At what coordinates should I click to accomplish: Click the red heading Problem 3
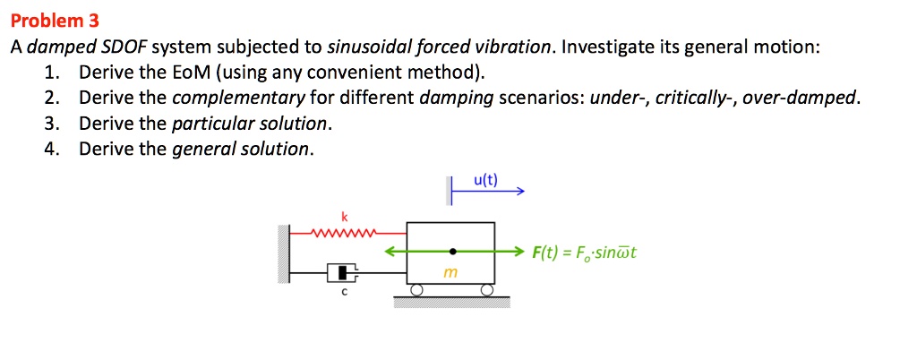(56, 21)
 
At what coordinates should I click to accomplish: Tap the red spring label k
(345, 217)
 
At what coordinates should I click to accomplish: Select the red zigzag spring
(342, 235)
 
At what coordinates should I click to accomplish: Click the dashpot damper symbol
(342, 271)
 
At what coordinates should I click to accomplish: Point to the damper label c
(344, 293)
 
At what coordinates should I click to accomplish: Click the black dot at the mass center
(452, 252)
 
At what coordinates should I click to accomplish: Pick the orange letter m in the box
(450, 273)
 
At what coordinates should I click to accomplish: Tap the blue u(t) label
(485, 180)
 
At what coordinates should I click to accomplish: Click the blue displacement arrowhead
(520, 191)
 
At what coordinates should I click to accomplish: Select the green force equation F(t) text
(584, 253)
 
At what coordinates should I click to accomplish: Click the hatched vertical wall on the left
(284, 254)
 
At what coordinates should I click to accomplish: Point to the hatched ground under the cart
(452, 301)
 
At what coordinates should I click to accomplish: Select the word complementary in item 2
(238, 98)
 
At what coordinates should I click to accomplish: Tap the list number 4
(51, 149)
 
